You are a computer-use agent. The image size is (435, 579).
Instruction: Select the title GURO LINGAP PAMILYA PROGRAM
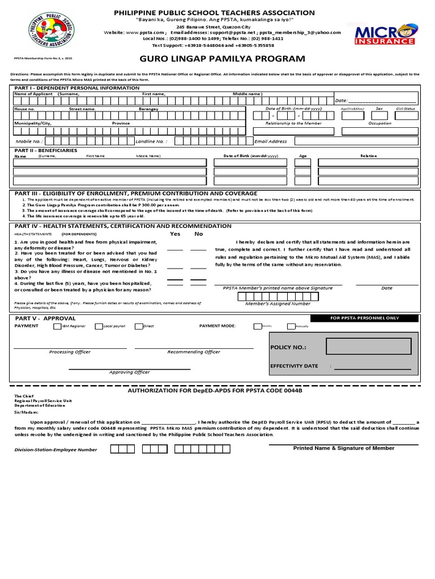(218, 59)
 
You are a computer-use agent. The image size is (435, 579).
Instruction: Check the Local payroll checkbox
(99, 326)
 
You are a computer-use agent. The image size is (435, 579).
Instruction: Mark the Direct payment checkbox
(138, 326)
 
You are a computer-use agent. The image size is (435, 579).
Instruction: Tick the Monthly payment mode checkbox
(258, 326)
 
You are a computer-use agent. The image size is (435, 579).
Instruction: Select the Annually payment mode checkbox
(291, 326)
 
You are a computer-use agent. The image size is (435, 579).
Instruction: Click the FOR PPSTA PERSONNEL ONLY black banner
(364, 318)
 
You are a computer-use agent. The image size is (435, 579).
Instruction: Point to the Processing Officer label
(70, 352)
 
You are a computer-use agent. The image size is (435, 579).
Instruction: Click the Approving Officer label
(130, 372)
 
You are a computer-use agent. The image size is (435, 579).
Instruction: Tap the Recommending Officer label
(194, 352)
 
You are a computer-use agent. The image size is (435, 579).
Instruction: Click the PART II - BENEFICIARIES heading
(46, 150)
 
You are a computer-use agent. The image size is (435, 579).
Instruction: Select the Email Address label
(271, 141)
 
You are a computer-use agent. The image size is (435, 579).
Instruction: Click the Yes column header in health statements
(176, 234)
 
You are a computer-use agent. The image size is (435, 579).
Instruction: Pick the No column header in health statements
(199, 234)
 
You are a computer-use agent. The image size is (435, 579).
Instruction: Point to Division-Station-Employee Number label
(56, 450)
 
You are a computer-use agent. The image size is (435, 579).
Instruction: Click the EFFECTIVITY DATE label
(294, 366)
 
